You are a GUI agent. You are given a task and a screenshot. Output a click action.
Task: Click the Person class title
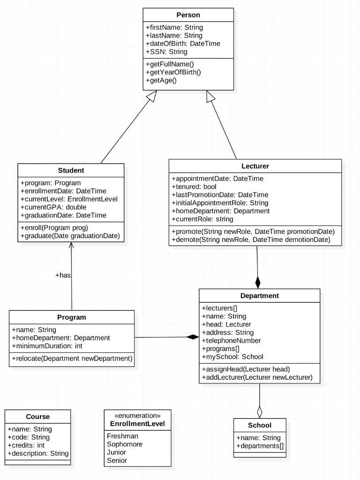[188, 15]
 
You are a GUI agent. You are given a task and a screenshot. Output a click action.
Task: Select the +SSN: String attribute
[166, 52]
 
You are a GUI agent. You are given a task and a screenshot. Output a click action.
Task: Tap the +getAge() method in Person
[161, 81]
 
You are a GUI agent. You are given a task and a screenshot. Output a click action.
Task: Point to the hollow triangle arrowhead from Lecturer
[210, 96]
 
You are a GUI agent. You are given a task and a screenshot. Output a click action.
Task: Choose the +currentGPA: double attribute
[53, 207]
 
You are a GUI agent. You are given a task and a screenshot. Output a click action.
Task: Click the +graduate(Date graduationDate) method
[70, 236]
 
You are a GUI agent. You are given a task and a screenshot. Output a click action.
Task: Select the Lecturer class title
[255, 166]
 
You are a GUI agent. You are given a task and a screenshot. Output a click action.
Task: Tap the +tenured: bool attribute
[194, 187]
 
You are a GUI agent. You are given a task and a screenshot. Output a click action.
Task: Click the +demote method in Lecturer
[251, 240]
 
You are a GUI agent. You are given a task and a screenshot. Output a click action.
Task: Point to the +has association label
[63, 275]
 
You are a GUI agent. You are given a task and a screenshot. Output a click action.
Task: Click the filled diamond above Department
[258, 282]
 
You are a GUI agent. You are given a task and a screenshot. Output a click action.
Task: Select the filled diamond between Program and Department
[193, 337]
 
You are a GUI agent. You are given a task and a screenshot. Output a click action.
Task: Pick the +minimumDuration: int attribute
[47, 346]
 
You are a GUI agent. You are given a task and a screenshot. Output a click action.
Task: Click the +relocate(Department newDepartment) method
[72, 359]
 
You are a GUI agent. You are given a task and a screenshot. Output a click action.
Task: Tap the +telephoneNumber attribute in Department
[232, 341]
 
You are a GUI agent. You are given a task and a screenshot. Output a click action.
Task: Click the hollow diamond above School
[260, 412]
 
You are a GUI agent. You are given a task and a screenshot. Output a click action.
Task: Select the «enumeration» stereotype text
[137, 416]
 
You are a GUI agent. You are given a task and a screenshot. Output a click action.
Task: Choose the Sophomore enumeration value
[125, 444]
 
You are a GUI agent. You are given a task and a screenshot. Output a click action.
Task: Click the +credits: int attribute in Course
[26, 445]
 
